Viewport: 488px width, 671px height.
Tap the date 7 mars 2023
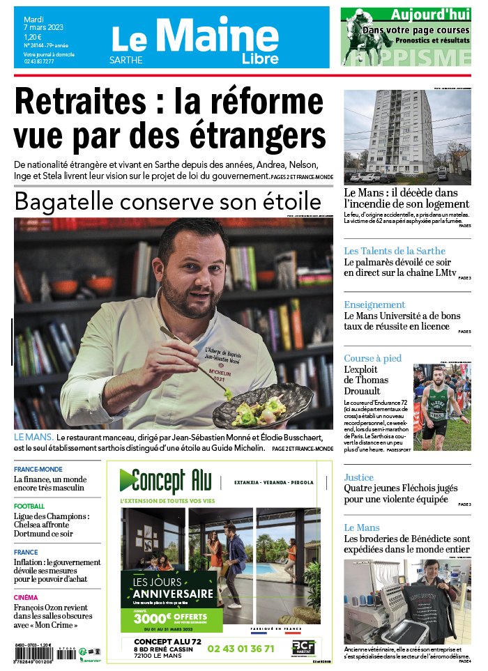[43, 27]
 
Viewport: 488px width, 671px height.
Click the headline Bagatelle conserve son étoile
[167, 202]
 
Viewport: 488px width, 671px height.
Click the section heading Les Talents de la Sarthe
[394, 251]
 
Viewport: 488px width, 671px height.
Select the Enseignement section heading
[374, 304]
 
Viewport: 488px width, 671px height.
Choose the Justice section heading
[358, 477]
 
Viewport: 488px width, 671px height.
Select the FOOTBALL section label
[29, 506]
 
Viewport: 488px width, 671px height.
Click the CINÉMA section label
[26, 597]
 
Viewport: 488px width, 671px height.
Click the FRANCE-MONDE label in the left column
[38, 469]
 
